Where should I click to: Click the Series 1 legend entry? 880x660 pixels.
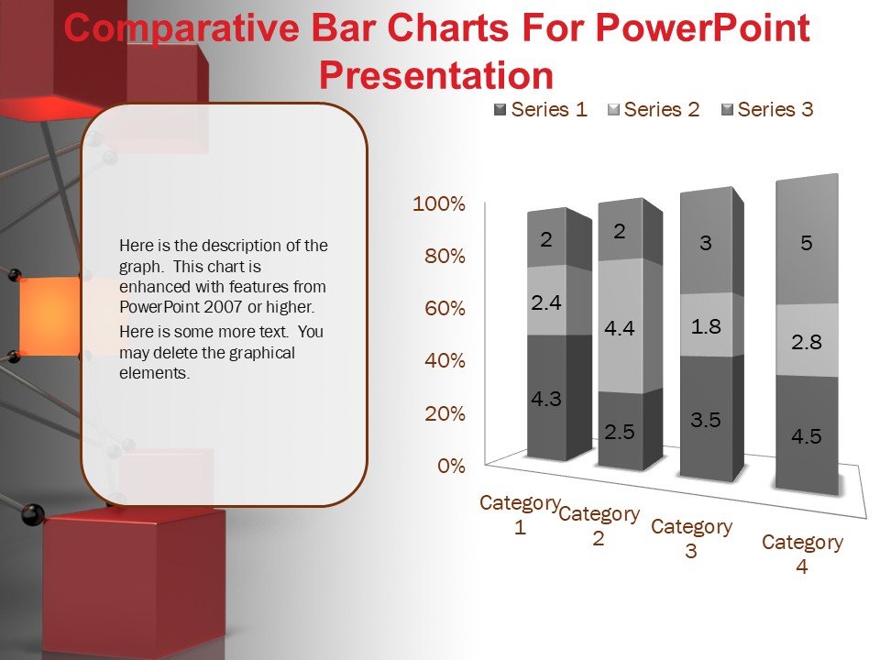541,109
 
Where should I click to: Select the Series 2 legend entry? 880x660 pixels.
654,109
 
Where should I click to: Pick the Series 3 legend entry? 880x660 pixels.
767,109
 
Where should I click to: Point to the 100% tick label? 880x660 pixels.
439,203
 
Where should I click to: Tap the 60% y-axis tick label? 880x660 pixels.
445,308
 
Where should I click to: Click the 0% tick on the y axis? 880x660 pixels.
451,466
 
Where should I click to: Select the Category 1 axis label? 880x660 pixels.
521,514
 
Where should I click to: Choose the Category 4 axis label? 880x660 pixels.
803,554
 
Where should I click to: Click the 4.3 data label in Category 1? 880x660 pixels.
546,399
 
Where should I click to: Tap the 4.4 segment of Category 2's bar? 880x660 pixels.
620,325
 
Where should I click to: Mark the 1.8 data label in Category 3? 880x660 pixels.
706,326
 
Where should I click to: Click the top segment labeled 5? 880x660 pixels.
807,242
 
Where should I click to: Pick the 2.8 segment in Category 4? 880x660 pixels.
807,340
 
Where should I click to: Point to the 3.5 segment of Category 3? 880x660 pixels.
706,417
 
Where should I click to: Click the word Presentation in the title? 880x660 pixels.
436,75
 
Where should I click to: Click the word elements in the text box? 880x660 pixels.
155,373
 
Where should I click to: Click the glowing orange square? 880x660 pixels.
49,315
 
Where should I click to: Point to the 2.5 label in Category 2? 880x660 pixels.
620,431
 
